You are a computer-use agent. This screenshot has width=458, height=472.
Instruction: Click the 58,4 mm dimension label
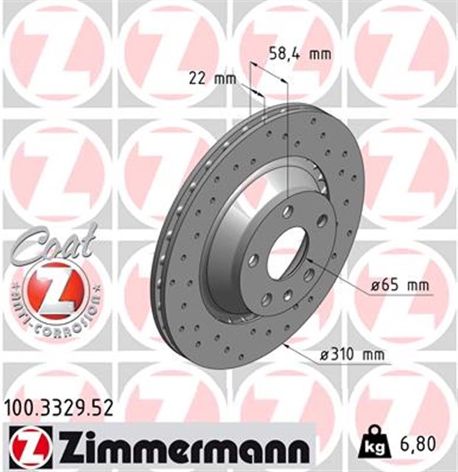coord(298,52)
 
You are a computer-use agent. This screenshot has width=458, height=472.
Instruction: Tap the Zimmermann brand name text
coord(190,447)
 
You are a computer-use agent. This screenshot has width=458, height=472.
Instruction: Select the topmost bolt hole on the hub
coord(288,212)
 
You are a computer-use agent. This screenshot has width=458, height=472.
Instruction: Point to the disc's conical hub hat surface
coord(236,243)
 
